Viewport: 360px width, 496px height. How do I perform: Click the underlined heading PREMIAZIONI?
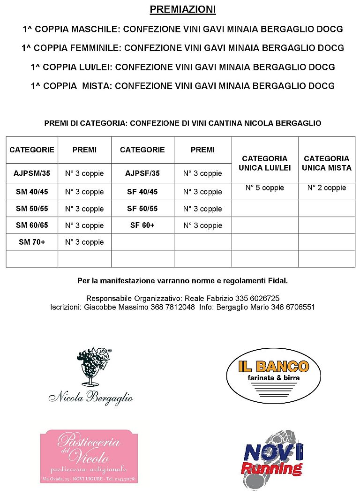[183, 9]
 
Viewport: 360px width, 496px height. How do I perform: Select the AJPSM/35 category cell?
[32, 173]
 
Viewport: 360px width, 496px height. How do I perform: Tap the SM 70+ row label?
[32, 242]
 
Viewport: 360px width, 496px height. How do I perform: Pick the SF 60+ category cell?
[142, 225]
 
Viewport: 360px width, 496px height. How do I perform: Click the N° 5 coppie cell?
[265, 188]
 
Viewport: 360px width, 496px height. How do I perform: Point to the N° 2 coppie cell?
[327, 188]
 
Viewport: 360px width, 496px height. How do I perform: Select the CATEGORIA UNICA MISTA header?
[327, 163]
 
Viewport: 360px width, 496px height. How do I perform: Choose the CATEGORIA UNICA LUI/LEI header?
[265, 163]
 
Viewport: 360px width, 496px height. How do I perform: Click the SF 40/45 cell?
[142, 192]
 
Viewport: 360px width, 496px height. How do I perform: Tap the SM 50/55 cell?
[32, 209]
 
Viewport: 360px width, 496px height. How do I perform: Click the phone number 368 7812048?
[172, 308]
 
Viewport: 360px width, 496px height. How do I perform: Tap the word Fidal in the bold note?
[278, 281]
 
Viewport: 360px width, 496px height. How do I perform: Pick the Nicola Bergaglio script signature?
[90, 398]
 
